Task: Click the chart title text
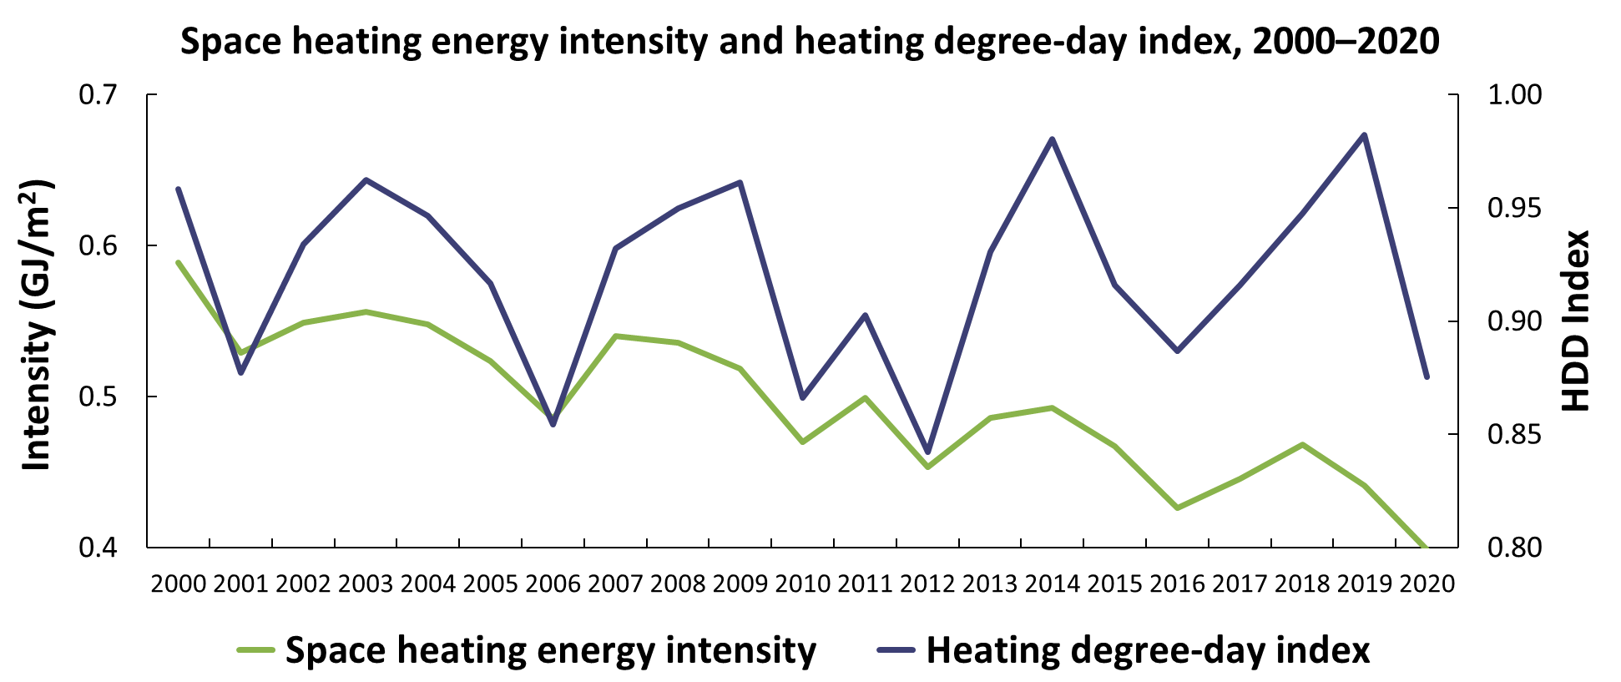810,41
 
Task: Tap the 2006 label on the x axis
553,583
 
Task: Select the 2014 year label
1052,583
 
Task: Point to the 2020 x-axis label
1427,583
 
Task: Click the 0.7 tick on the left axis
103,94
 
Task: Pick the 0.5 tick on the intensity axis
103,397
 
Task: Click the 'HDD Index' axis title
1575,321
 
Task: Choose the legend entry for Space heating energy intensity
528,650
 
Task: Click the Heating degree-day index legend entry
1124,650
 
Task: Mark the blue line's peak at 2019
1364,134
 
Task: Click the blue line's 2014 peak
1053,139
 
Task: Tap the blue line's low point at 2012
927,452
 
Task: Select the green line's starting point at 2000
178,262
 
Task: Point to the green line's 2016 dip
1178,508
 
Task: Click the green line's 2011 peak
866,397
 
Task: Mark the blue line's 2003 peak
366,179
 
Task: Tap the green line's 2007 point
615,336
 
